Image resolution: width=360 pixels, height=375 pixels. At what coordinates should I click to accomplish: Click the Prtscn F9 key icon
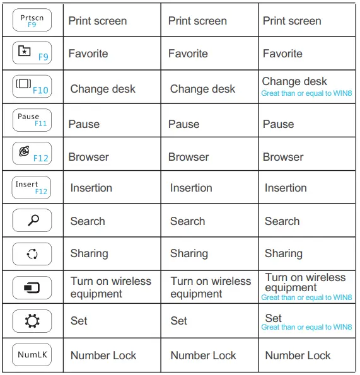point(32,20)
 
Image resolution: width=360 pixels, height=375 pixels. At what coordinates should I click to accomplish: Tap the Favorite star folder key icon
point(32,54)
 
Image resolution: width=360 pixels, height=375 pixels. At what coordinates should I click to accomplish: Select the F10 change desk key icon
point(32,87)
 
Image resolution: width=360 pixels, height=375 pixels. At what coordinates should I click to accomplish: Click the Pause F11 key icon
point(32,120)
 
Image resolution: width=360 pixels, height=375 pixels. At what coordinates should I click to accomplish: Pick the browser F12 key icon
point(32,154)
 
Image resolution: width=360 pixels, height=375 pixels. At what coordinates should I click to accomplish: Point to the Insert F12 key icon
point(32,187)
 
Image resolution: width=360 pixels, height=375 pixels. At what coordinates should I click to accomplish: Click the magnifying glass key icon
point(32,221)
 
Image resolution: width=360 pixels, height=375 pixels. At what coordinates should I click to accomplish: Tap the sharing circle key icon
point(32,254)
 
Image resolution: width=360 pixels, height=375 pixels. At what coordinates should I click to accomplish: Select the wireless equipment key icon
point(32,288)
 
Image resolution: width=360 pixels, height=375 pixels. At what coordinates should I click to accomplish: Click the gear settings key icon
point(32,321)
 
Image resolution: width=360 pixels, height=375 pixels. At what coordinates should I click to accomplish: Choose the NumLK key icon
point(32,355)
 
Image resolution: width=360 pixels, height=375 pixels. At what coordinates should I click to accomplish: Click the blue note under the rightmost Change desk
point(306,93)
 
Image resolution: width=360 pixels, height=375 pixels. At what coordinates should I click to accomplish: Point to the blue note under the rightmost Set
point(306,327)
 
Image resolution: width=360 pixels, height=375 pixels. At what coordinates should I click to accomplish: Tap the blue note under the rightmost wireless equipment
point(306,297)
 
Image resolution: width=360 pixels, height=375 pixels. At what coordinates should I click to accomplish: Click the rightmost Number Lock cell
point(298,356)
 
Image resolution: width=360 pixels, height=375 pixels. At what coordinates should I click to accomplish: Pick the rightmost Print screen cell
point(292,21)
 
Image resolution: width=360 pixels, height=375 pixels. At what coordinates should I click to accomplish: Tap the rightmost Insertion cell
point(286,188)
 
